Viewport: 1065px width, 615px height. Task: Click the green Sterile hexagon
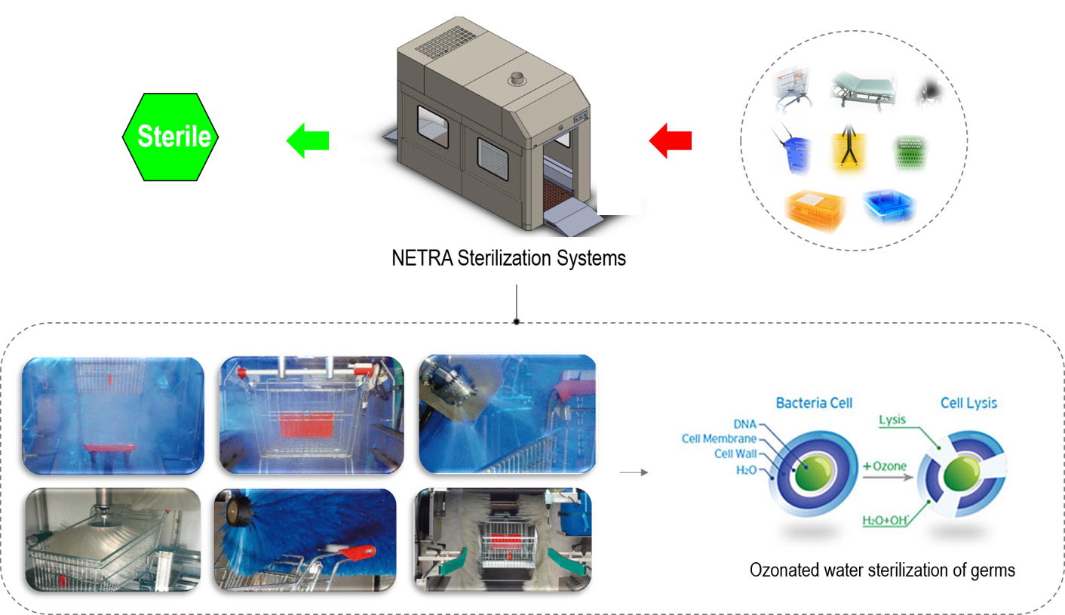pos(170,137)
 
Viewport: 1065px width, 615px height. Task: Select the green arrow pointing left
pos(307,140)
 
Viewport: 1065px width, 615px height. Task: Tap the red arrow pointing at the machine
pos(671,140)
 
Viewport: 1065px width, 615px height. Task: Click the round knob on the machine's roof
pos(517,78)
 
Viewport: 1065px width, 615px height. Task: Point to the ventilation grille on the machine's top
pos(447,46)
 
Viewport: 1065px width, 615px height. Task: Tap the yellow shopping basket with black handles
pos(849,152)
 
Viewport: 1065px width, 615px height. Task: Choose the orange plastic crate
pos(815,210)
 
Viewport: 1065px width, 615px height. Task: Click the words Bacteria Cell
pos(815,403)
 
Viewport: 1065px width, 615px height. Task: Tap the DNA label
pos(745,425)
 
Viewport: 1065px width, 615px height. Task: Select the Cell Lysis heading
pos(968,403)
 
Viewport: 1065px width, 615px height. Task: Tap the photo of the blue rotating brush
pos(305,538)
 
